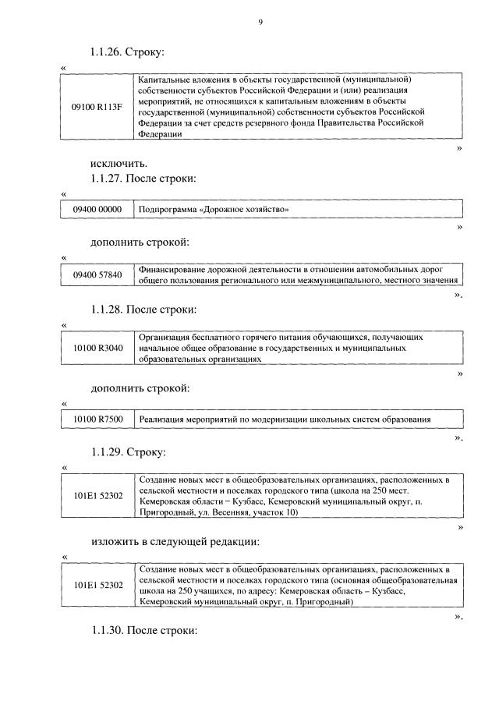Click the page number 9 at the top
pos(260,22)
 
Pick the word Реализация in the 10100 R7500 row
pos(162,420)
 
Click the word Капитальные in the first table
pos(164,80)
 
